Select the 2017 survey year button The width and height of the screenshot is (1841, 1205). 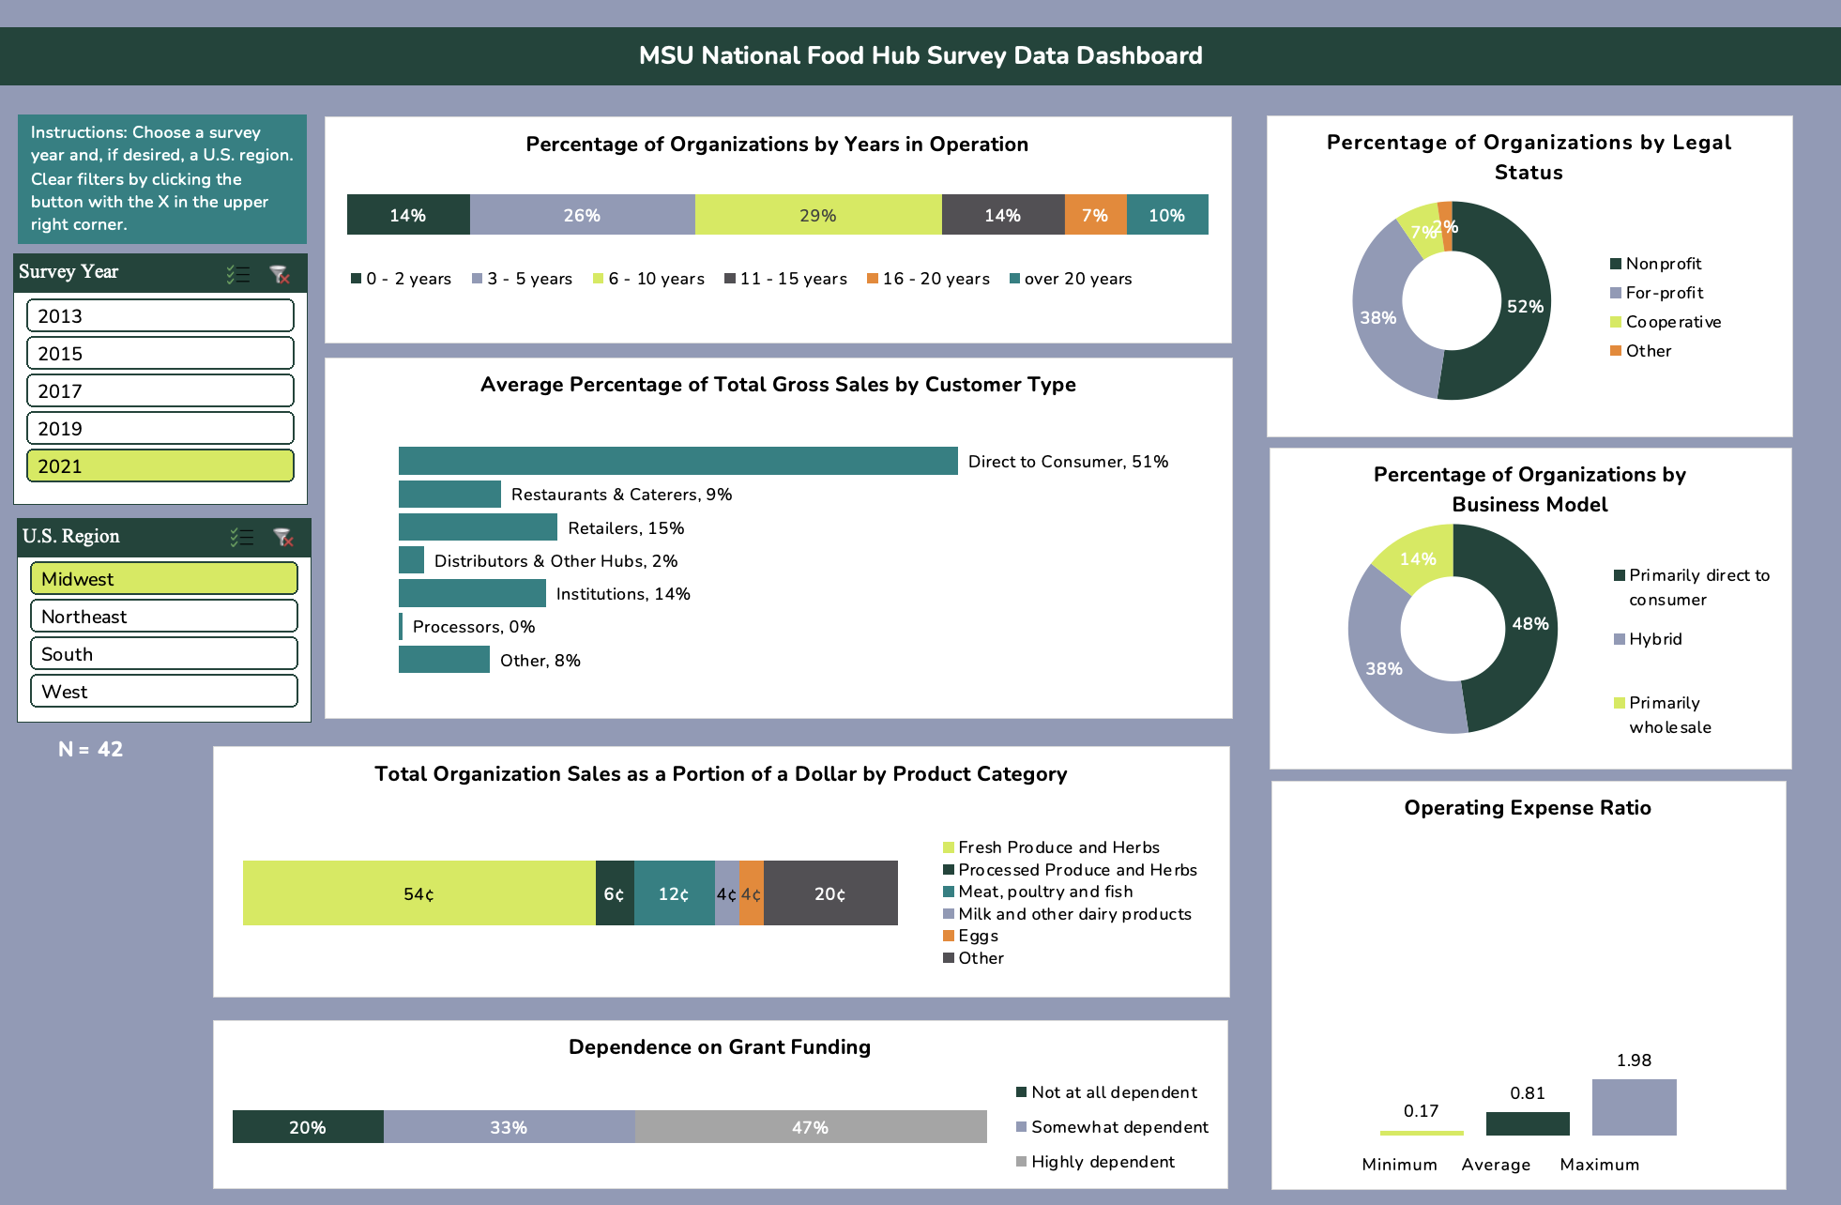160,390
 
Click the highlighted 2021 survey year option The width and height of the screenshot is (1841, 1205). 160,465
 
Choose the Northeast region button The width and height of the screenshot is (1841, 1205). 163,616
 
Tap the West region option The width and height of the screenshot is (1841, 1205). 163,691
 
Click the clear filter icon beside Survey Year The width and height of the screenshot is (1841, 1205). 279,274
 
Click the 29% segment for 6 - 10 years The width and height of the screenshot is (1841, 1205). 817,215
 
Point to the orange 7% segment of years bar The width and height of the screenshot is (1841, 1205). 1094,215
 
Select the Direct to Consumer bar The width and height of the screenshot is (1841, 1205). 677,461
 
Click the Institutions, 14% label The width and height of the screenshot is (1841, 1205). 622,594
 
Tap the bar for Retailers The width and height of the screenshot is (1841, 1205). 477,527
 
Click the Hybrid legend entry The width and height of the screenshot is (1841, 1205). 1654,639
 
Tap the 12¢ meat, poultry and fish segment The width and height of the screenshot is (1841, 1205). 673,893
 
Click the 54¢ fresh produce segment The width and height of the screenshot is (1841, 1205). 418,893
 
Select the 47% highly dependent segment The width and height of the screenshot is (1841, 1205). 810,1127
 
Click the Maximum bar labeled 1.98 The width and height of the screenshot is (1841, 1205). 1634,1107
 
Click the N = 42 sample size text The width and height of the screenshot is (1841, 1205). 90,749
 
